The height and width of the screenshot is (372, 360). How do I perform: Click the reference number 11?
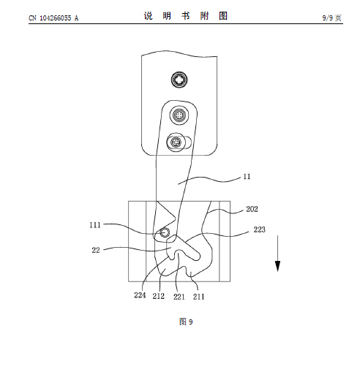[x=247, y=176]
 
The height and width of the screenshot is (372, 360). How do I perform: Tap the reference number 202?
[x=252, y=209]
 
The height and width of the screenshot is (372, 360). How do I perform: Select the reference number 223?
[x=259, y=229]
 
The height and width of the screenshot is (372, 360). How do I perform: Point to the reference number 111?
[x=95, y=225]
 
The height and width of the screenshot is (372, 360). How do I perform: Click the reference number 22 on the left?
[x=96, y=250]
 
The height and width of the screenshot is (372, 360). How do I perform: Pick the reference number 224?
[x=140, y=295]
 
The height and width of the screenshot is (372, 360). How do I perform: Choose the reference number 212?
[x=159, y=296]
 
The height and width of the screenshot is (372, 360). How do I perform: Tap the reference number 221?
[x=179, y=297]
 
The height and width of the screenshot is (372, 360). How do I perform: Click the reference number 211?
[x=198, y=297]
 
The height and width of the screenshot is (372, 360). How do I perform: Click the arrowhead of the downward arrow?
[x=277, y=266]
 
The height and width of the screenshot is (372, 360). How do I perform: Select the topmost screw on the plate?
[x=179, y=80]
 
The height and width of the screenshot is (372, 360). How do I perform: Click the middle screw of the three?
[x=179, y=115]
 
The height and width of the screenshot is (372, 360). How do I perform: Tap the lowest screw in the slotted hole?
[x=176, y=142]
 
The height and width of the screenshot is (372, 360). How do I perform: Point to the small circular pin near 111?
[x=165, y=233]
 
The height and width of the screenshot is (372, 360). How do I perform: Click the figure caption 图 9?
[x=186, y=322]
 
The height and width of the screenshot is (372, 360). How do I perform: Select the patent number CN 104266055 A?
[x=53, y=18]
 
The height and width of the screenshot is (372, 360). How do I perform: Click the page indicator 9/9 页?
[x=331, y=18]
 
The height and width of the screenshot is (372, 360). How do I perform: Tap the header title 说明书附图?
[x=186, y=16]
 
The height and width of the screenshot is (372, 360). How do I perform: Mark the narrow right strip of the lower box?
[x=225, y=241]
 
